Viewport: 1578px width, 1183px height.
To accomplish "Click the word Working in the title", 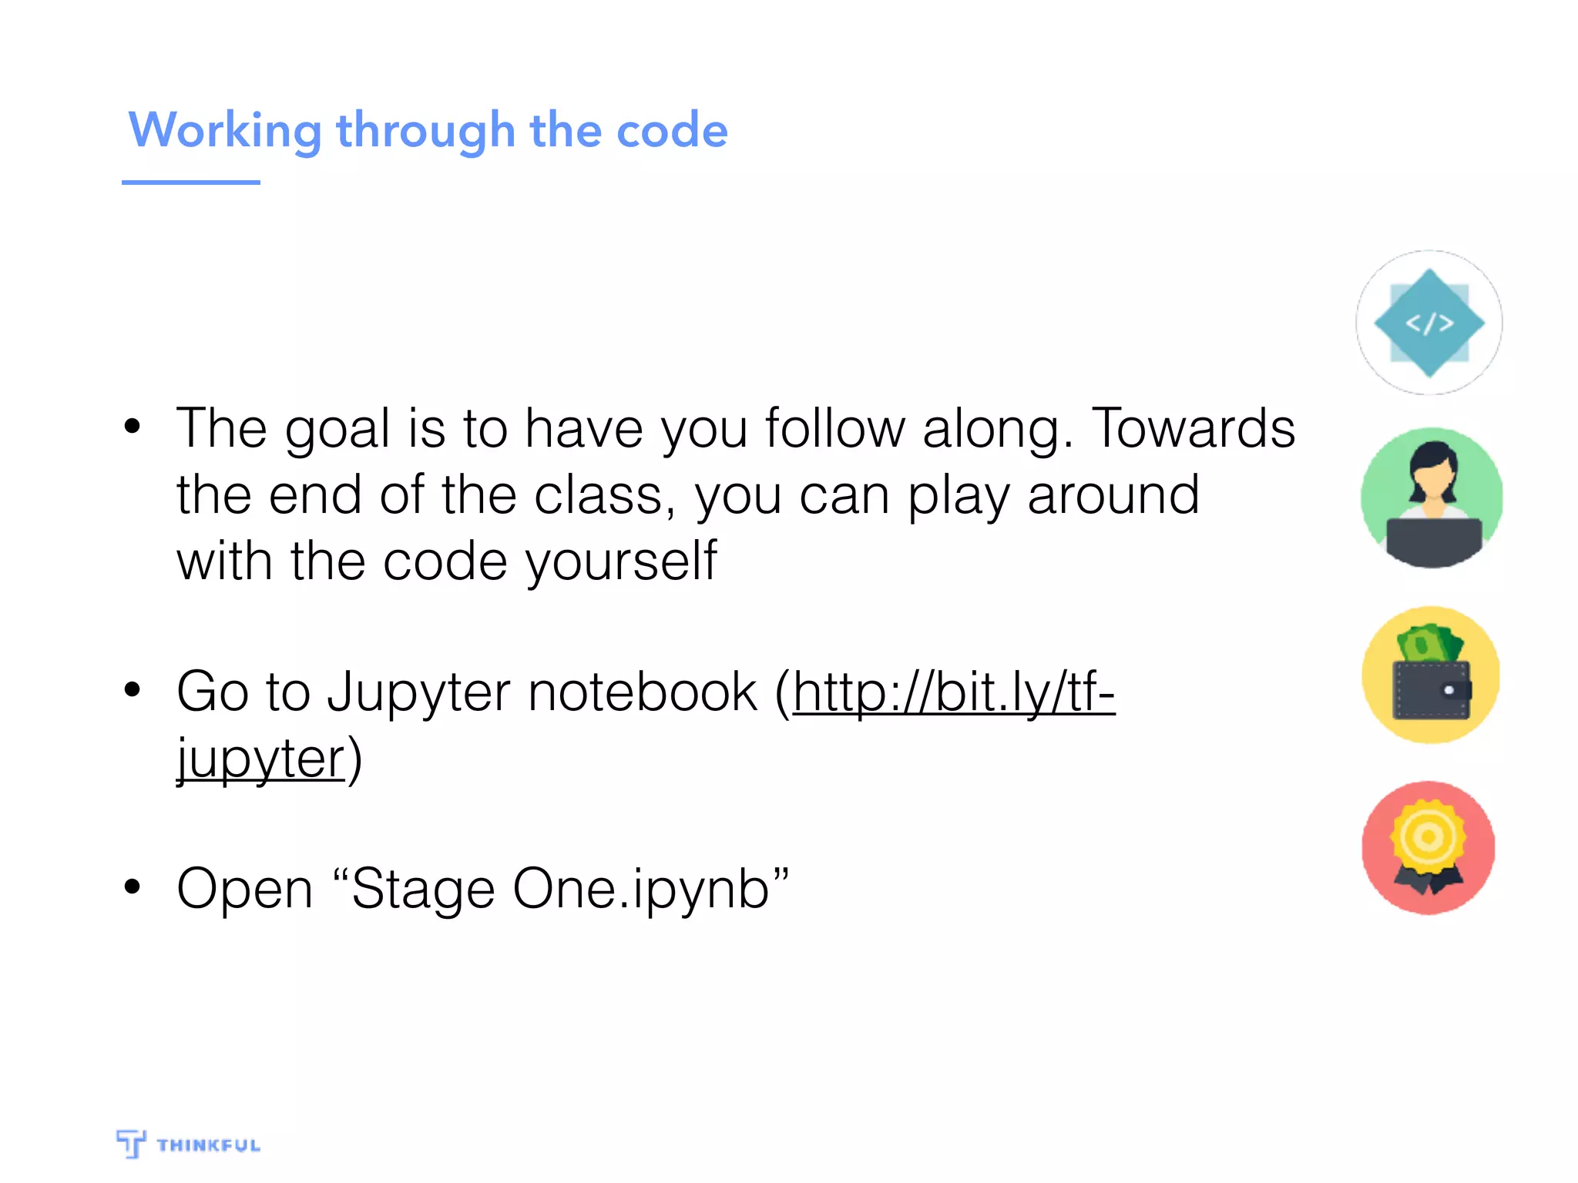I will click(x=224, y=130).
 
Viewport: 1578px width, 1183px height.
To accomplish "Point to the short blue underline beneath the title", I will click(x=190, y=183).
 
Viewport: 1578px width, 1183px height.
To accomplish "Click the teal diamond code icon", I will click(x=1429, y=323).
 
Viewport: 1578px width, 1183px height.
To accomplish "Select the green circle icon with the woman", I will click(x=1432, y=497).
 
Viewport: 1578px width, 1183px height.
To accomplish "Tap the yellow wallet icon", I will click(x=1431, y=674).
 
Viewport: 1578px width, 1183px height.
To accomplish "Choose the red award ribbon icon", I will click(x=1429, y=847).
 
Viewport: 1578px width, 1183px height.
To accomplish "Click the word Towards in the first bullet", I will click(x=1194, y=428).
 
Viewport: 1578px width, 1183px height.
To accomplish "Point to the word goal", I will click(x=337, y=430).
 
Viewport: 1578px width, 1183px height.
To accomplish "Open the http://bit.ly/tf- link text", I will click(x=954, y=692).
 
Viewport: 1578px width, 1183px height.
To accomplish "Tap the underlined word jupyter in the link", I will click(x=260, y=759).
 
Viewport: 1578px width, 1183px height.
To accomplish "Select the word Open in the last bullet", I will click(x=244, y=890).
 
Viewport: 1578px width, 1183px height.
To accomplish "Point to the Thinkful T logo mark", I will click(x=131, y=1143).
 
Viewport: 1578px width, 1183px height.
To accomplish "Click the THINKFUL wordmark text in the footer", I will click(x=208, y=1145).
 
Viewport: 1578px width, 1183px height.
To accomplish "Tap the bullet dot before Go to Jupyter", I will click(x=133, y=689).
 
